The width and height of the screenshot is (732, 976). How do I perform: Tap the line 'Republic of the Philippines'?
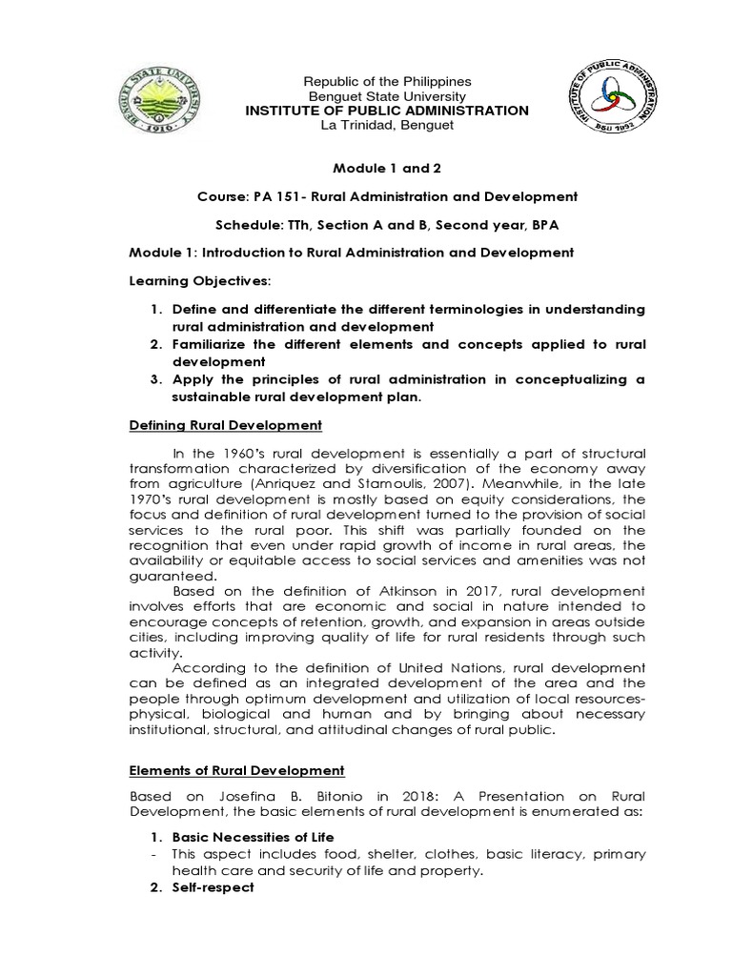point(386,82)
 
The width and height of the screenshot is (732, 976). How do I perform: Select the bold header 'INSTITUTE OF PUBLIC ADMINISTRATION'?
point(386,111)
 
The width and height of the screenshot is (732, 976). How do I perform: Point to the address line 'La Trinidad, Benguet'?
point(386,125)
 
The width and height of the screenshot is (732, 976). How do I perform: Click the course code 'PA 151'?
point(277,196)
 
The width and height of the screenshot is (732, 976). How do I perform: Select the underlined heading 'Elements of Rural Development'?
point(236,770)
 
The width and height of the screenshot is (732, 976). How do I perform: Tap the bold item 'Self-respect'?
point(213,886)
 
